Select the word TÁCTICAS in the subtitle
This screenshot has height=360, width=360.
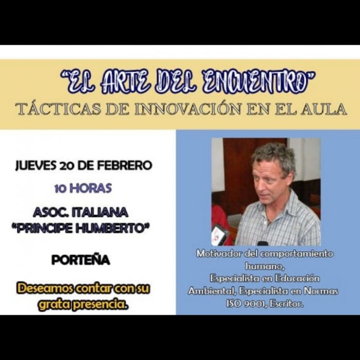(58, 109)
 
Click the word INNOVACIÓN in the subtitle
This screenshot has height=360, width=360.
(188, 109)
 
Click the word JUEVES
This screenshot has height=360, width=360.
(35, 166)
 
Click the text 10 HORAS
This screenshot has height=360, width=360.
(83, 188)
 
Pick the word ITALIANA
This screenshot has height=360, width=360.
(100, 212)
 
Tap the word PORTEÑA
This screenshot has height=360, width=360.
(81, 260)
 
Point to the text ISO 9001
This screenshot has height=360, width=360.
(246, 303)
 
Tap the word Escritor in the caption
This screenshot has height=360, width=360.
(287, 303)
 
